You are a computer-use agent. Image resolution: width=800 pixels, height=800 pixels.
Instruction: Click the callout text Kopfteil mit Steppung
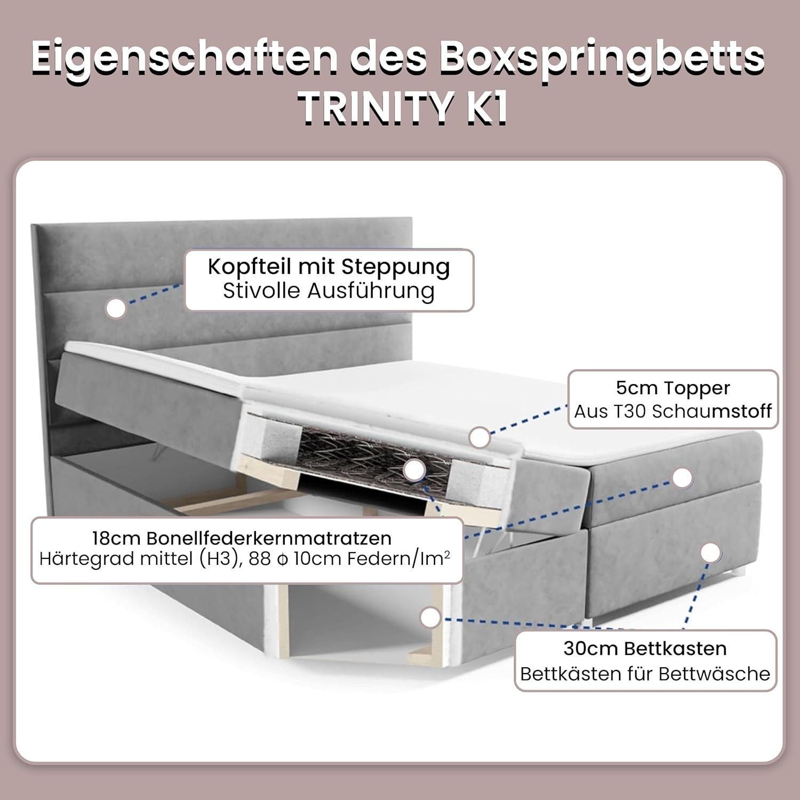click(329, 267)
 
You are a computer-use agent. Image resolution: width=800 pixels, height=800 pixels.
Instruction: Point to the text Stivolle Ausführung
click(329, 291)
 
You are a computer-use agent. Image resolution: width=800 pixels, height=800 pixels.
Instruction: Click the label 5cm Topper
click(673, 388)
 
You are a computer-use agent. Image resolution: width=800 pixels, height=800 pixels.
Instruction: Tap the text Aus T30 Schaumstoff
click(673, 411)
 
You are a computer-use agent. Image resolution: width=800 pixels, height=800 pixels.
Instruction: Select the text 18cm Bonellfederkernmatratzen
click(242, 538)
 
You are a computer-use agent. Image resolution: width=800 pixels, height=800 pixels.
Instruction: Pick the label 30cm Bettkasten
click(645, 649)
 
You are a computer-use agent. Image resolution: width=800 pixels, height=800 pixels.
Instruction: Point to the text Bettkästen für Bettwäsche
click(645, 674)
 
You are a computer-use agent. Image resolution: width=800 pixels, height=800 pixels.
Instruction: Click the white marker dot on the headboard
click(116, 308)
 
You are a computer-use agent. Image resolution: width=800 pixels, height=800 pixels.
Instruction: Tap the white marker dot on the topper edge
click(480, 437)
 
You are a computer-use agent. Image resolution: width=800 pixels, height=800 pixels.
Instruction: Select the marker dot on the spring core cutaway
click(414, 470)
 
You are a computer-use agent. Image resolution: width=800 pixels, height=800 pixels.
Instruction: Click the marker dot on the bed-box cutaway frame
click(430, 618)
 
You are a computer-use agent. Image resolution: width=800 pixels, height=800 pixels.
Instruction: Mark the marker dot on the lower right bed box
click(710, 553)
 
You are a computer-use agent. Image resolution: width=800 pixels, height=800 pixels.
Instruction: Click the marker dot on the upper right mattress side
click(682, 478)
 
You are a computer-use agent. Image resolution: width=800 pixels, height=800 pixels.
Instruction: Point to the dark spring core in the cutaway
click(373, 456)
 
